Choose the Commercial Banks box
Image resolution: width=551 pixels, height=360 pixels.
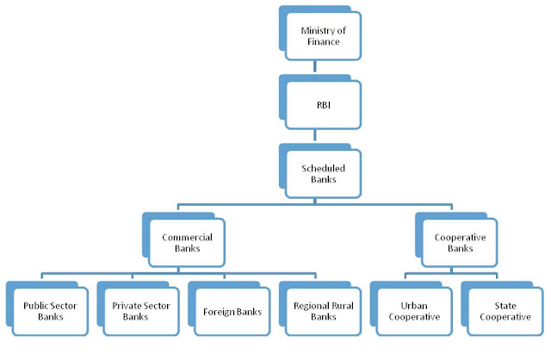(x=187, y=241)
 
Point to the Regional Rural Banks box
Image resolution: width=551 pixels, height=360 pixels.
(x=322, y=309)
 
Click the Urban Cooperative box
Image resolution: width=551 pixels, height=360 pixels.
(x=413, y=309)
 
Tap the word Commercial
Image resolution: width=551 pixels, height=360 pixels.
(x=187, y=235)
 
